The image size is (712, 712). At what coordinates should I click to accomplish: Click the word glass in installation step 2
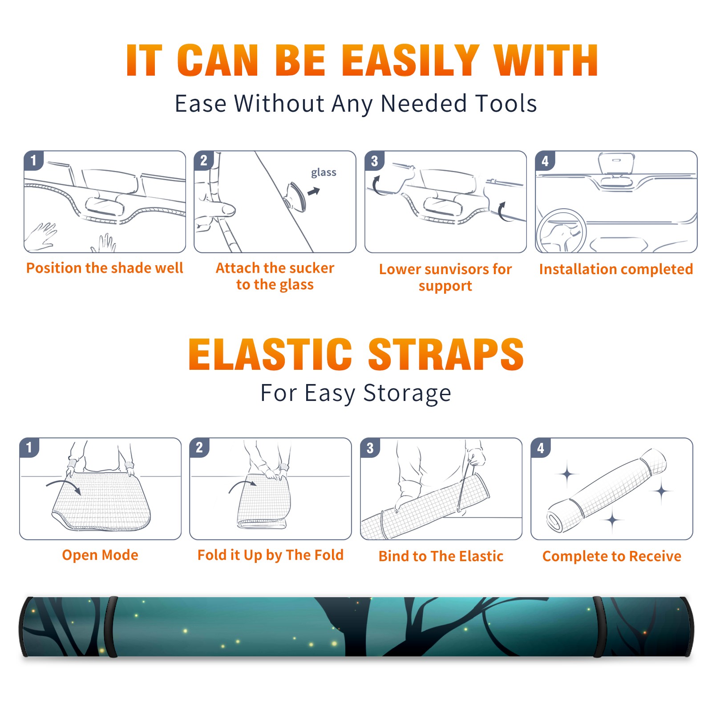click(324, 172)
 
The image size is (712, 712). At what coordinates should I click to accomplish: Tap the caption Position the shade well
click(105, 268)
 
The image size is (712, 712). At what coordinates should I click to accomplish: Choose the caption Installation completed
click(616, 269)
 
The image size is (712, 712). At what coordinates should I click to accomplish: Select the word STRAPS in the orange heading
click(446, 354)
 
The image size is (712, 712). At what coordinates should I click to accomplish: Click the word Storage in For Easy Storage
click(407, 393)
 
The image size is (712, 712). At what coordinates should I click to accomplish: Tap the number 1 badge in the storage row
click(29, 447)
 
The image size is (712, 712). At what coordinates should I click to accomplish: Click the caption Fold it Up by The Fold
click(271, 555)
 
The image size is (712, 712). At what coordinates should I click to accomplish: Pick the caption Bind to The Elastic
click(441, 556)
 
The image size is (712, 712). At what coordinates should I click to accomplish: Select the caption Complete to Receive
click(612, 556)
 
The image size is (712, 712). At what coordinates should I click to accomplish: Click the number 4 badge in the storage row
click(541, 448)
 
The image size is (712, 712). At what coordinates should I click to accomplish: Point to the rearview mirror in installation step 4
click(616, 164)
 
